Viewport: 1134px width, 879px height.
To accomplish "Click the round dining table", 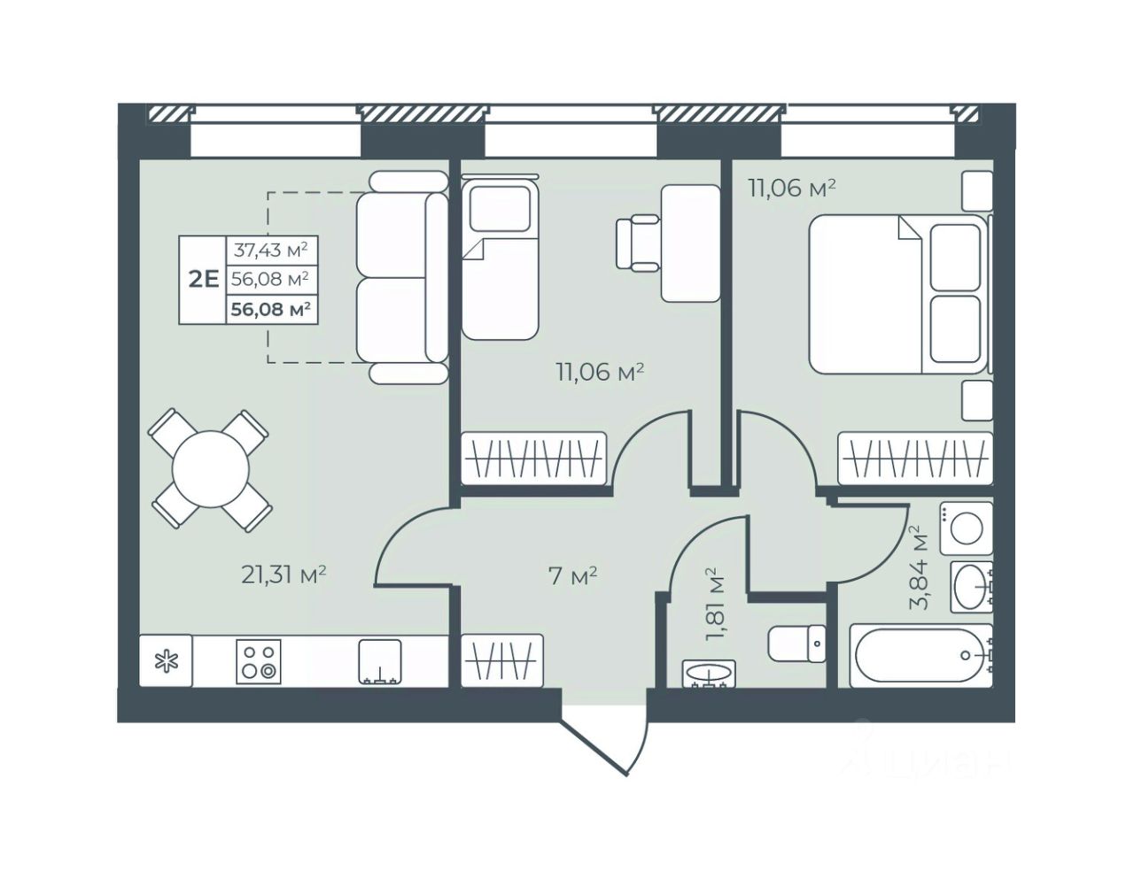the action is coord(210,468).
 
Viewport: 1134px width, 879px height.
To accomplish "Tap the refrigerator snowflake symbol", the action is coord(167,660).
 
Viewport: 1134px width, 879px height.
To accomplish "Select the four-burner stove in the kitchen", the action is coord(259,661).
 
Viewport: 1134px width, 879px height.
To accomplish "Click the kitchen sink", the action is coord(380,661).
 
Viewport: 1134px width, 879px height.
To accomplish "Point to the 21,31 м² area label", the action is coord(283,574).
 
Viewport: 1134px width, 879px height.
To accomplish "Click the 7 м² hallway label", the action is coord(572,576).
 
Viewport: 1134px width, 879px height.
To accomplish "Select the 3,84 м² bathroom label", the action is coord(919,567).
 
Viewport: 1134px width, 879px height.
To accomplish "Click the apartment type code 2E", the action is coord(204,280).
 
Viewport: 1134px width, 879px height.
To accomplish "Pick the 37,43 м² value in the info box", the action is coord(271,251).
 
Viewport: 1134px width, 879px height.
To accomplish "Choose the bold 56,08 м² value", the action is coord(271,310).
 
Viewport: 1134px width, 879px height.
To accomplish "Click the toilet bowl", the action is coord(796,644).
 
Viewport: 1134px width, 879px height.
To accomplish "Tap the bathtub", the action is coord(920,655).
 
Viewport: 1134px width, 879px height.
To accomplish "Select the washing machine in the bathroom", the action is coord(966,528).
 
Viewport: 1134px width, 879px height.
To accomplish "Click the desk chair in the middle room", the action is coord(638,243).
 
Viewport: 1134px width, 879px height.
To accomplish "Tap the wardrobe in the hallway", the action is coord(502,660).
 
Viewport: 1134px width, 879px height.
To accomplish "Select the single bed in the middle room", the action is coord(500,257).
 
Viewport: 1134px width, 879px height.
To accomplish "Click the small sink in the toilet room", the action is coord(709,675).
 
